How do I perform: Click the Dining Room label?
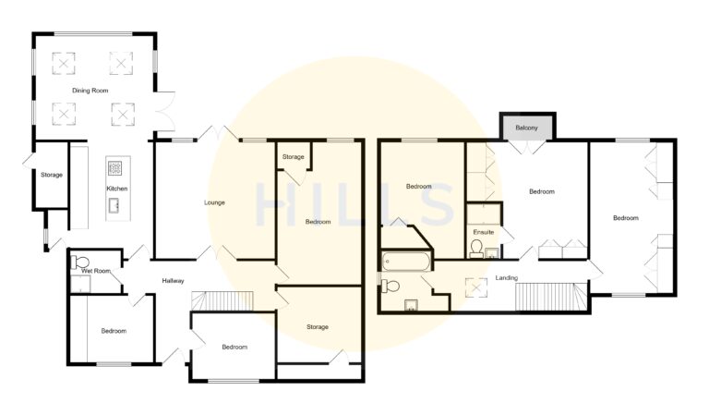[91, 91]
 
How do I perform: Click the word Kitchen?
[117, 189]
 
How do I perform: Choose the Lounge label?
[214, 202]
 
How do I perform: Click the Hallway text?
[174, 281]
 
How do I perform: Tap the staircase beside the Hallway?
[222, 302]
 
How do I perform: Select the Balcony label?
[527, 127]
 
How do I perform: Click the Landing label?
[506, 277]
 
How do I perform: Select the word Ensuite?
[484, 232]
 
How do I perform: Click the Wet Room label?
[96, 271]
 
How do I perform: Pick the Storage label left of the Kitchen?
[51, 175]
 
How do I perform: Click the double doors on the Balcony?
[527, 145]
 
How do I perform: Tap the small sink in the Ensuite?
[491, 252]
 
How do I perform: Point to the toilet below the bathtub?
[390, 286]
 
